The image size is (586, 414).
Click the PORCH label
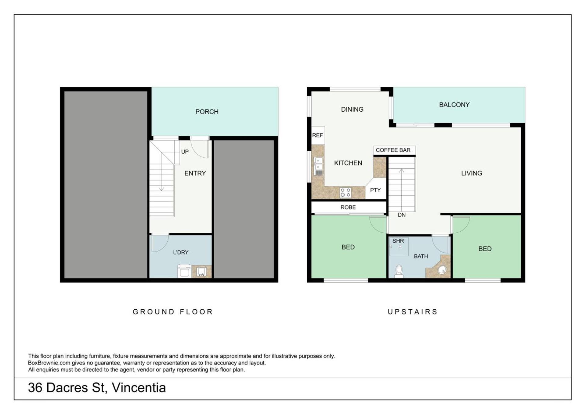coord(207,112)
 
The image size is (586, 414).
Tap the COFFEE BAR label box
coord(394,150)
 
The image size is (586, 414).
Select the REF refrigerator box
coord(317,135)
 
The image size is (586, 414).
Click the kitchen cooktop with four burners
coord(345,193)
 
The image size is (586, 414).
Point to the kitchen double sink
coord(318,166)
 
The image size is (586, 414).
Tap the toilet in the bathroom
coord(399,271)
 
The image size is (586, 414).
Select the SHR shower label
coord(398,241)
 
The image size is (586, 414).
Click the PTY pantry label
coord(375,190)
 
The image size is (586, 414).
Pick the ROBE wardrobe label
coord(348,207)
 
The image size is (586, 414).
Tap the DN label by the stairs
coord(401,215)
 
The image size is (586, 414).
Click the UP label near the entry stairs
coord(185,152)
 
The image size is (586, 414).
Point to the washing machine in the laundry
coord(184,271)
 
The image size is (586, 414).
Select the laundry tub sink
coord(201,271)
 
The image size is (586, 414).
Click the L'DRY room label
coord(181,252)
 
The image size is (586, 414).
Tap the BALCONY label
coord(454,105)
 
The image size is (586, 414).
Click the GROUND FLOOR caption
coord(172,311)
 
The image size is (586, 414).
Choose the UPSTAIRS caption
coord(413,311)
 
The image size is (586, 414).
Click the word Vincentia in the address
coord(139,387)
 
